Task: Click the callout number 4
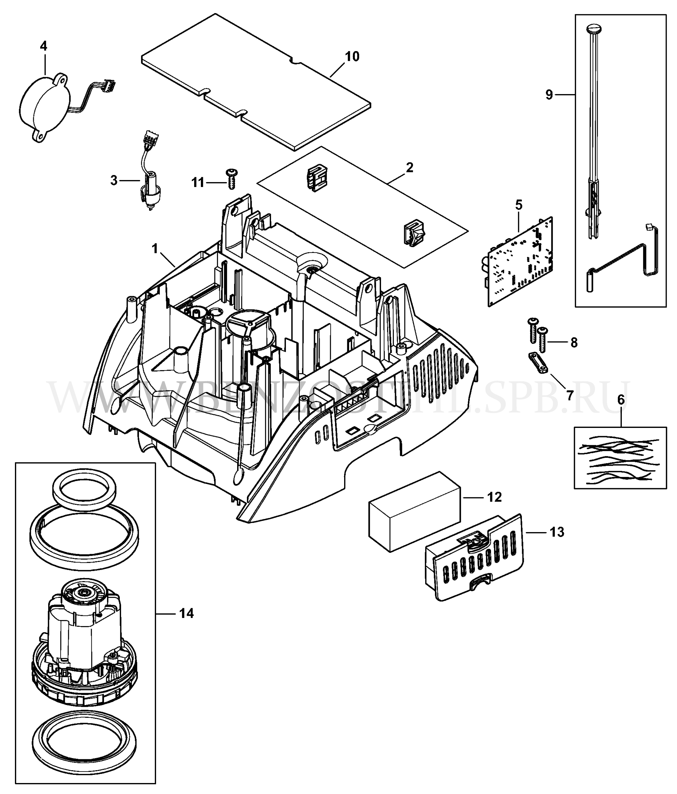[44, 46]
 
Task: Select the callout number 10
[352, 56]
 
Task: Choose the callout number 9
[549, 95]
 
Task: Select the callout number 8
[574, 342]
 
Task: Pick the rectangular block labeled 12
[414, 511]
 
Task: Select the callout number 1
[155, 249]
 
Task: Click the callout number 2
[410, 168]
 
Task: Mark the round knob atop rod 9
[594, 29]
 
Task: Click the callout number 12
[494, 497]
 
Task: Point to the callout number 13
[557, 532]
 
